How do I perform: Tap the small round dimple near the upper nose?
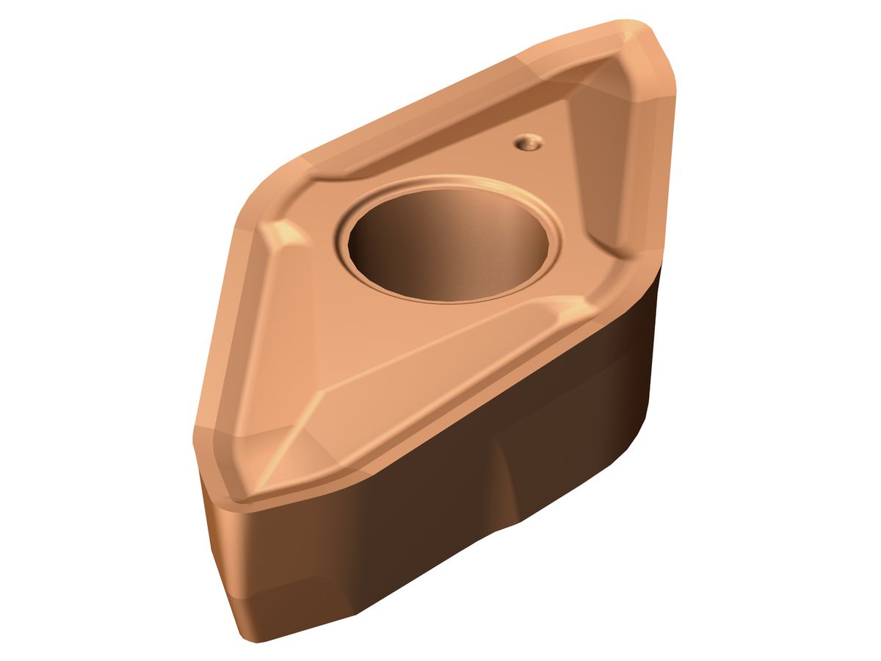(527, 142)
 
